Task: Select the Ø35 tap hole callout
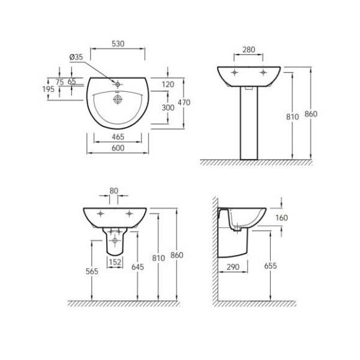coord(76,57)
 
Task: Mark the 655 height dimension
coord(270,266)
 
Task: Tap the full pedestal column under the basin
coord(249,124)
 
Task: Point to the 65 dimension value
coord(72,82)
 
